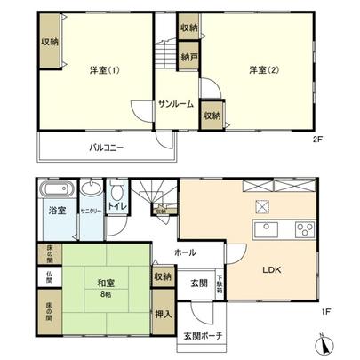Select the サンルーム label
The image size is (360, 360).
tap(176, 104)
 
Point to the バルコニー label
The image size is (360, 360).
tap(106, 148)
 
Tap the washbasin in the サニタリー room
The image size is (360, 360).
tap(91, 190)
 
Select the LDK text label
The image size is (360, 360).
tap(271, 273)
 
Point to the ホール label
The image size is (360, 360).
tap(185, 252)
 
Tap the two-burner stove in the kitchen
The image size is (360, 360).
tap(303, 228)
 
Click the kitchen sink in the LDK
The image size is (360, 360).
tap(268, 229)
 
